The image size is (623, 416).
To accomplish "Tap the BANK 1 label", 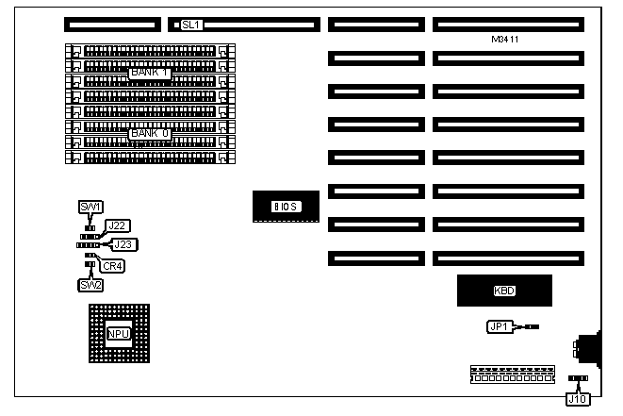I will click(x=149, y=73).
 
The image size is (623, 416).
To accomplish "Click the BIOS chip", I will click(x=284, y=206).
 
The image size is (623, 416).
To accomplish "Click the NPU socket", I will click(x=118, y=334).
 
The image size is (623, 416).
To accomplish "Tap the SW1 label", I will click(x=90, y=207).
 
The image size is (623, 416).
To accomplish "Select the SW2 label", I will click(x=90, y=284).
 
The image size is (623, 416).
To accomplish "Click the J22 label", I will click(x=118, y=225).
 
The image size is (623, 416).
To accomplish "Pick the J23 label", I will click(x=123, y=244).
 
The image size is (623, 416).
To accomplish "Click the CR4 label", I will click(x=113, y=266).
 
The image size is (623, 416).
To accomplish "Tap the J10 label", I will click(x=578, y=398).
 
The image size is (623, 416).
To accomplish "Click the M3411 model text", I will click(x=507, y=40).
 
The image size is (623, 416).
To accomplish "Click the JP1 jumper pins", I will click(x=531, y=326).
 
